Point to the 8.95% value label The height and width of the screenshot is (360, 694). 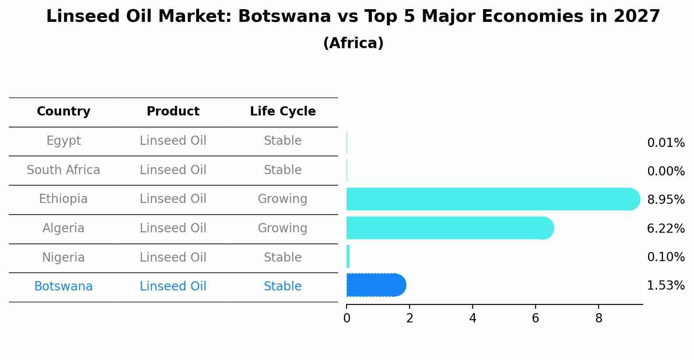666,200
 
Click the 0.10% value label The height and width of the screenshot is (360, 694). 666,257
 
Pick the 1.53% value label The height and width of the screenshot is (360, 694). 666,286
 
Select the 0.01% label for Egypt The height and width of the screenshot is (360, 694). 666,143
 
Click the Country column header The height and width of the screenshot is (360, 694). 63,112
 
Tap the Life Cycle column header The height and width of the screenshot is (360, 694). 283,112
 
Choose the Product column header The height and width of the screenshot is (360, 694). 173,112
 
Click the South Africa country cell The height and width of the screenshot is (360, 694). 63,170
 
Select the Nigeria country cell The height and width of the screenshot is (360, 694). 63,258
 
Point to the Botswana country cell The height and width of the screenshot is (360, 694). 63,287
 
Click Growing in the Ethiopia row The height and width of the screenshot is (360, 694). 282,199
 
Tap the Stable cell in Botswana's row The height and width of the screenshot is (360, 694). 282,287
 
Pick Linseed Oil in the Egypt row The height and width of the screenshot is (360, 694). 173,141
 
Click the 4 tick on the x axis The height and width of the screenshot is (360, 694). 473,318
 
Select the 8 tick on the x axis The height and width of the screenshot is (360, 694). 599,318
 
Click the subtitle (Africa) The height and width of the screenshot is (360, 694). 353,43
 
